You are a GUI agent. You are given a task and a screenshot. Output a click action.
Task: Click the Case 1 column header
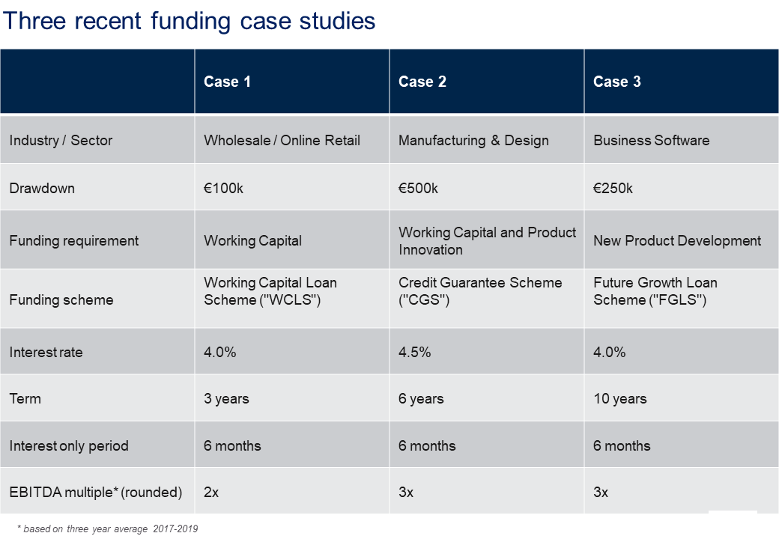click(227, 82)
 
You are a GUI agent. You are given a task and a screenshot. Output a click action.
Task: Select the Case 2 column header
click(422, 82)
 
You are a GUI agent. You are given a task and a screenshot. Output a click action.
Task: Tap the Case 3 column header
click(617, 82)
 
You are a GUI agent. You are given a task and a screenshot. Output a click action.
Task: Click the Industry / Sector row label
click(61, 140)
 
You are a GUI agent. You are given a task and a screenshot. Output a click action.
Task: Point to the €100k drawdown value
click(223, 188)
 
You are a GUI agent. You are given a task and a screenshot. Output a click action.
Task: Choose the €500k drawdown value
click(418, 188)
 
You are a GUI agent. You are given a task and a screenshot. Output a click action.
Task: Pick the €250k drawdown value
click(613, 188)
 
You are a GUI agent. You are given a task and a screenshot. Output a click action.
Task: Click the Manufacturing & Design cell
click(473, 140)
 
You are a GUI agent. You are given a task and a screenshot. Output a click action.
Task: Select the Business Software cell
click(651, 140)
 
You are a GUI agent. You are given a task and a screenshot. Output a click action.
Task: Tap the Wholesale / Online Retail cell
click(282, 140)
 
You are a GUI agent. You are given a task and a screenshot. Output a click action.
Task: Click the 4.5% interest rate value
click(414, 352)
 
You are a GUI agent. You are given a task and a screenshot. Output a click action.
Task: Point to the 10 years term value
click(619, 398)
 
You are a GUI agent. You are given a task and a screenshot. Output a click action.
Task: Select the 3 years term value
click(226, 398)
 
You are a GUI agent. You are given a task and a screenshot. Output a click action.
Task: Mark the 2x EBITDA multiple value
click(211, 492)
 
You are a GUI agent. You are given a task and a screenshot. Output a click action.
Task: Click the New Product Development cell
click(677, 240)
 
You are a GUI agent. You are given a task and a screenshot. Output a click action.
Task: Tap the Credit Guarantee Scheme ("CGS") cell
click(480, 291)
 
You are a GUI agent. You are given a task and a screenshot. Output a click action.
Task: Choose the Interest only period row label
click(69, 445)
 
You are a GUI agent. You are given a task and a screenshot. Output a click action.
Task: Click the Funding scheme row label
click(61, 299)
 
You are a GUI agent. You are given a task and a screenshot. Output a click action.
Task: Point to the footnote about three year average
click(107, 529)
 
